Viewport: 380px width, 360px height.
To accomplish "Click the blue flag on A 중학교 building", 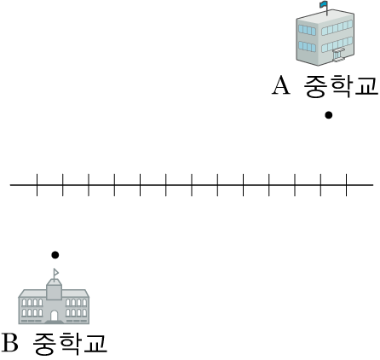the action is (324, 4).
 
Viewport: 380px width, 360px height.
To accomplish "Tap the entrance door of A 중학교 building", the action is (338, 55).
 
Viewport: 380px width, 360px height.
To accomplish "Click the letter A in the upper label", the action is (281, 85).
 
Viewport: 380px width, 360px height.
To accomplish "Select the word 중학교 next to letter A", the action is (341, 85).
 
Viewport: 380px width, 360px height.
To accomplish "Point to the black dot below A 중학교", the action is (329, 115).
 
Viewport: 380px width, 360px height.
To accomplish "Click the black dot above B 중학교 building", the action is (55, 255).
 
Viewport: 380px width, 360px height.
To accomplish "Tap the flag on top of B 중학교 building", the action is (56, 273).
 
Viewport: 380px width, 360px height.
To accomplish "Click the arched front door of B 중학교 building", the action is (54, 316).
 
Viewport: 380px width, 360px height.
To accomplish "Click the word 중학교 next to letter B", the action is (70, 343).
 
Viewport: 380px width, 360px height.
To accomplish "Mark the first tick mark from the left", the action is (37, 185).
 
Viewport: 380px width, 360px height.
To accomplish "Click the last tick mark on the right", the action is (347, 185).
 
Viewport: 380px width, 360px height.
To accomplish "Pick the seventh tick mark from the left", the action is (192, 185).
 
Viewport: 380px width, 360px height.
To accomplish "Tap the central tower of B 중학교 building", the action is (54, 289).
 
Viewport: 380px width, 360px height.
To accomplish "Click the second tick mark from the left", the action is (63, 185).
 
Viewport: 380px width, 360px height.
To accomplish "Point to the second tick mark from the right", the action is (320, 185).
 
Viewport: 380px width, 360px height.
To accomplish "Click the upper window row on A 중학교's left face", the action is (307, 30).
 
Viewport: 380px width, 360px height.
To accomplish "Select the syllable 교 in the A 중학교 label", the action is (366, 85).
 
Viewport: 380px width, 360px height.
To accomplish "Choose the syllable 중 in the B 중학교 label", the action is (43, 344).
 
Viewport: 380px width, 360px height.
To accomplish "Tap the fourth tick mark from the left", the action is (114, 185).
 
